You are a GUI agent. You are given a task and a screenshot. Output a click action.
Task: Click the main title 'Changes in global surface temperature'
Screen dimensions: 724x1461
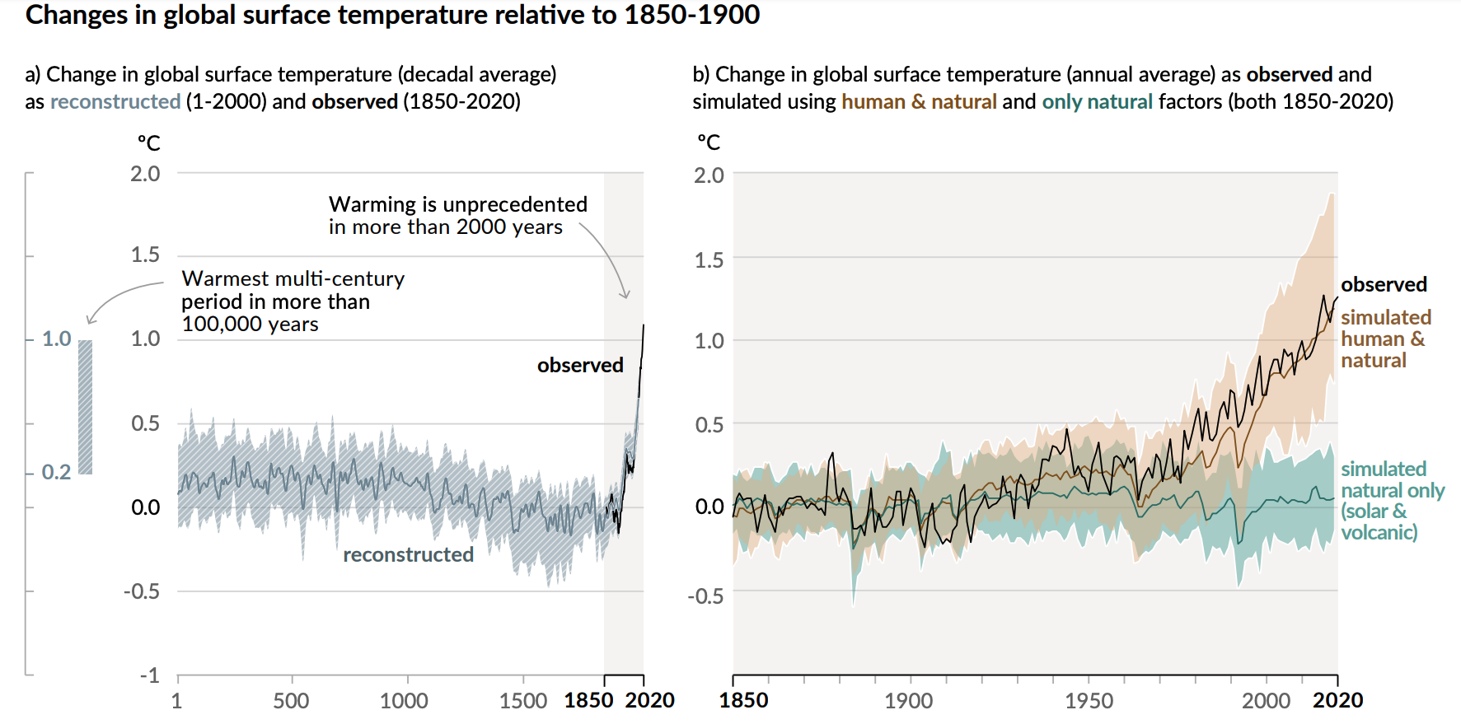(x=392, y=15)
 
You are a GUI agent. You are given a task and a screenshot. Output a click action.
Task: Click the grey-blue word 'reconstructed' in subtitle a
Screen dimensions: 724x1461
(x=115, y=101)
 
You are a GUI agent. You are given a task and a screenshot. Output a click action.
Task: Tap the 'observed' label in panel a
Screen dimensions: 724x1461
(x=580, y=365)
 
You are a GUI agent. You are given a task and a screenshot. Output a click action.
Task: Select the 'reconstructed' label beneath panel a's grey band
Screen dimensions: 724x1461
(x=408, y=554)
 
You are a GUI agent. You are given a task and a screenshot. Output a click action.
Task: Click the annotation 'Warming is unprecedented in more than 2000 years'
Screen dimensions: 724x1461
(x=457, y=215)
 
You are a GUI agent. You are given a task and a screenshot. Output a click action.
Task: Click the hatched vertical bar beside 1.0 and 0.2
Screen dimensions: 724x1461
(x=86, y=407)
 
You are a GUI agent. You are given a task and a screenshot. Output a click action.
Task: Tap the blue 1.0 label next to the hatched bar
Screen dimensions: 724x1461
(x=57, y=339)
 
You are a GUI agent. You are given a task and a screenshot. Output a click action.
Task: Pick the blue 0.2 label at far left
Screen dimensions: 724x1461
(x=56, y=472)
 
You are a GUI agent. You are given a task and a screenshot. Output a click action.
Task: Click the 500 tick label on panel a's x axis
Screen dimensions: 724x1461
(x=291, y=701)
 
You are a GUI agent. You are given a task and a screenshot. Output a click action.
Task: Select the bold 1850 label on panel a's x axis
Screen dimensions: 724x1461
(x=588, y=701)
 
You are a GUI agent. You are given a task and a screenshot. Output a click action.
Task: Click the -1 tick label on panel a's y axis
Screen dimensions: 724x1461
(x=149, y=675)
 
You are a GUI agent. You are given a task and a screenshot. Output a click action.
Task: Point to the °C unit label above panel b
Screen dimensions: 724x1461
(x=709, y=142)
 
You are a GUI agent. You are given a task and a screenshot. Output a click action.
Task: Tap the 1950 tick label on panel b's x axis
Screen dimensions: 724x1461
(x=1089, y=701)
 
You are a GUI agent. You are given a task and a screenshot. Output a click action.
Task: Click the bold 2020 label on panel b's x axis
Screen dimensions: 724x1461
(x=1337, y=701)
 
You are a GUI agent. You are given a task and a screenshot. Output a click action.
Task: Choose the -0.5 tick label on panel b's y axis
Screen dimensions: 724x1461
(x=705, y=596)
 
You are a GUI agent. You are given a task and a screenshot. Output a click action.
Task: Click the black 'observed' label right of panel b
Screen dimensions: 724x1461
(x=1384, y=284)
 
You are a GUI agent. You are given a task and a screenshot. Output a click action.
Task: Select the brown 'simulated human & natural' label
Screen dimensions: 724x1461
(x=1384, y=339)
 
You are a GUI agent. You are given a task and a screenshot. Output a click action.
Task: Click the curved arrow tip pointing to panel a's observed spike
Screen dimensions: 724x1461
(x=625, y=297)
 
